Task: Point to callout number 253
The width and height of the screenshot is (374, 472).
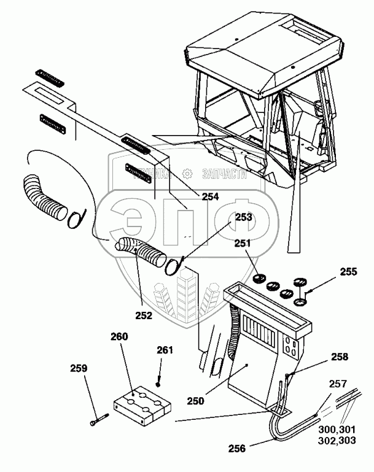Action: pos(243,217)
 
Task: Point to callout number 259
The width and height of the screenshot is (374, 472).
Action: pos(79,369)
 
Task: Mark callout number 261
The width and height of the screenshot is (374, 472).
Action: pos(164,350)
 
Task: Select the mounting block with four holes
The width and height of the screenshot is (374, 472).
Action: pos(142,406)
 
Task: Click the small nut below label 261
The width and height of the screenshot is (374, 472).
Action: pos(158,384)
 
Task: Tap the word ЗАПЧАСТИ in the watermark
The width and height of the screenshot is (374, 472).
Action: pos(224,174)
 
